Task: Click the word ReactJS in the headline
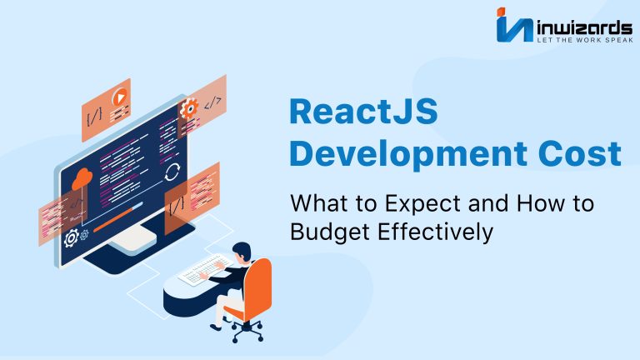363,112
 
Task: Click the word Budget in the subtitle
330,232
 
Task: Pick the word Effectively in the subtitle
435,232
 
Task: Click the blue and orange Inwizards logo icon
514,24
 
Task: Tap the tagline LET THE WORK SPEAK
585,40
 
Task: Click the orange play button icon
120,98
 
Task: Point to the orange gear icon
188,108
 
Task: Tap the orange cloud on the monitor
82,179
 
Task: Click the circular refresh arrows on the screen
172,172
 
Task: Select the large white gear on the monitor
72,238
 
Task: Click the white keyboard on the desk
203,269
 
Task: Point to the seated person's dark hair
242,248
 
